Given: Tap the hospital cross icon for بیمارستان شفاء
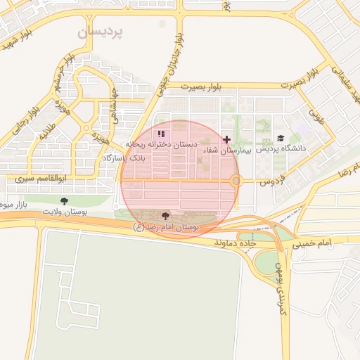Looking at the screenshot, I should click(x=226, y=139).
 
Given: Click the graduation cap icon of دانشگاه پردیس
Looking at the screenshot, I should click(x=281, y=139).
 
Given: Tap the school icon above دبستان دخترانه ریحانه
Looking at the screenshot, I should click(x=162, y=134).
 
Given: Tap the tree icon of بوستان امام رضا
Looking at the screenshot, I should click(x=166, y=216).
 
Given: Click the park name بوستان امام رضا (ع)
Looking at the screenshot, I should click(x=166, y=227).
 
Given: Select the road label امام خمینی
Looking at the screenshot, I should click(x=324, y=242).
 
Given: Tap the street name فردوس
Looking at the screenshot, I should click(x=271, y=181).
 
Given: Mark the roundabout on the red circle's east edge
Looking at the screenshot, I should click(x=236, y=181).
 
